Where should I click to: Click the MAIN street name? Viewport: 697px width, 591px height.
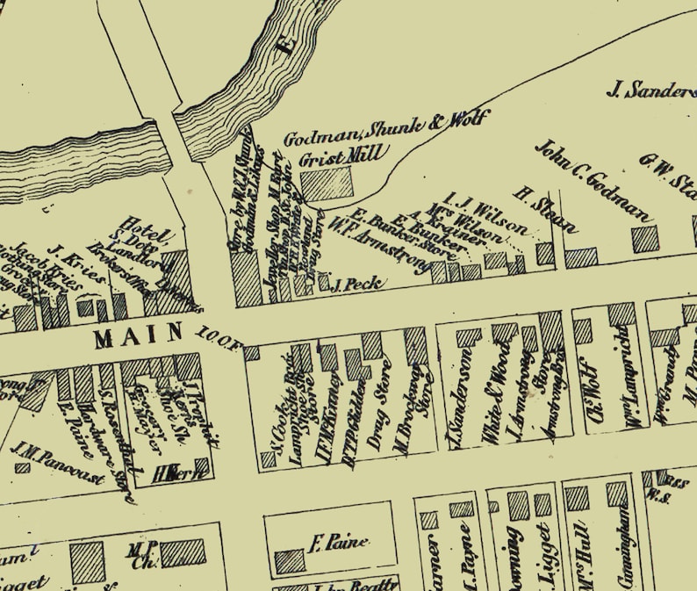(x=138, y=334)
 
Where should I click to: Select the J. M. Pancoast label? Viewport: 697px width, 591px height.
(x=58, y=464)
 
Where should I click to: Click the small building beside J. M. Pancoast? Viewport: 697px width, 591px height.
(x=22, y=467)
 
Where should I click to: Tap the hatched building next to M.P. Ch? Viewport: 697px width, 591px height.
(x=182, y=551)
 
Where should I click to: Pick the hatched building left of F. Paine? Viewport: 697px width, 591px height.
(x=290, y=561)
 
